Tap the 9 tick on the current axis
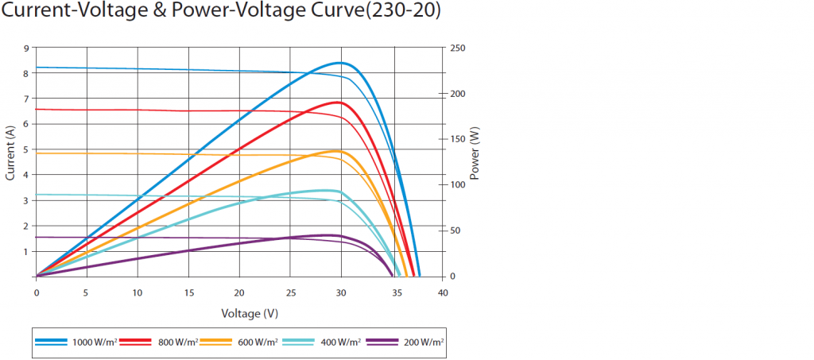(26, 48)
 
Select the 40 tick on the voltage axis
(443, 292)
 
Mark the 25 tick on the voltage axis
(290, 292)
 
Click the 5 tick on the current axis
(26, 149)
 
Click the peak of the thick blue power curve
(340, 63)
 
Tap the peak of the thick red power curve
(339, 103)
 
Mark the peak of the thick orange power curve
(337, 151)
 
